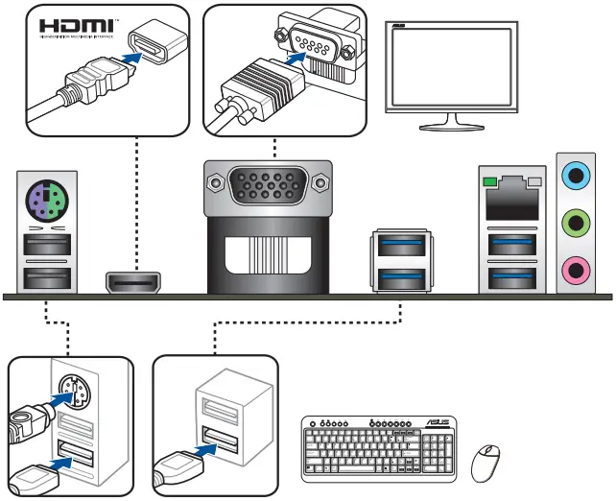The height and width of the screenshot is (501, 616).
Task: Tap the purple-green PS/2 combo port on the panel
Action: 45,203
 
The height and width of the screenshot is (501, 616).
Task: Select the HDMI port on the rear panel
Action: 133,282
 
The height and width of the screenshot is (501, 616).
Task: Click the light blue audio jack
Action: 574,176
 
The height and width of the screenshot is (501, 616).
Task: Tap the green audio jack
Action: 574,224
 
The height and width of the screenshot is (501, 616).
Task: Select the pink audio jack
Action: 574,271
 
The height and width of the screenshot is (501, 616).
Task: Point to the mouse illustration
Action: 486,464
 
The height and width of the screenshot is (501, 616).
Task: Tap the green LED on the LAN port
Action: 489,180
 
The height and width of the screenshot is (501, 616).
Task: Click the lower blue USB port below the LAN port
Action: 509,278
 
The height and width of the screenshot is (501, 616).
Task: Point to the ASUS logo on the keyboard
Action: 438,423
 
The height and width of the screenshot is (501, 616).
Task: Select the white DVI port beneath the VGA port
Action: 268,259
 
